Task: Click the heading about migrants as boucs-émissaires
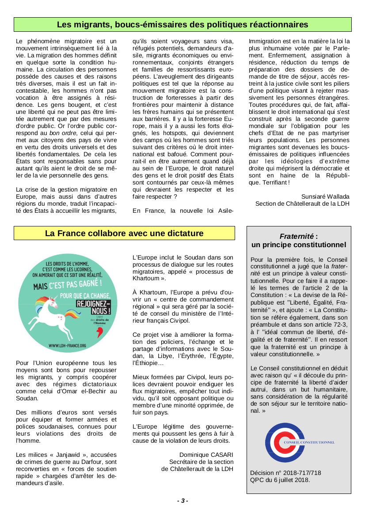pyautogui.click(x=182, y=24)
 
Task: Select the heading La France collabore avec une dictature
pyautogui.click(x=124, y=233)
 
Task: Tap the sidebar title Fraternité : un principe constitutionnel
pyautogui.click(x=298, y=241)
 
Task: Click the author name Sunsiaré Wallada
pyautogui.click(x=325, y=196)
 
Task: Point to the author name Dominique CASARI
pyautogui.click(x=206, y=454)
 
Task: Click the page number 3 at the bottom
pyautogui.click(x=182, y=501)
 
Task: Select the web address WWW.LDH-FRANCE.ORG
pyautogui.click(x=67, y=345)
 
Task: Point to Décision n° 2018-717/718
pyautogui.click(x=286, y=473)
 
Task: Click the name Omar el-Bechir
pyautogui.click(x=80, y=391)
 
